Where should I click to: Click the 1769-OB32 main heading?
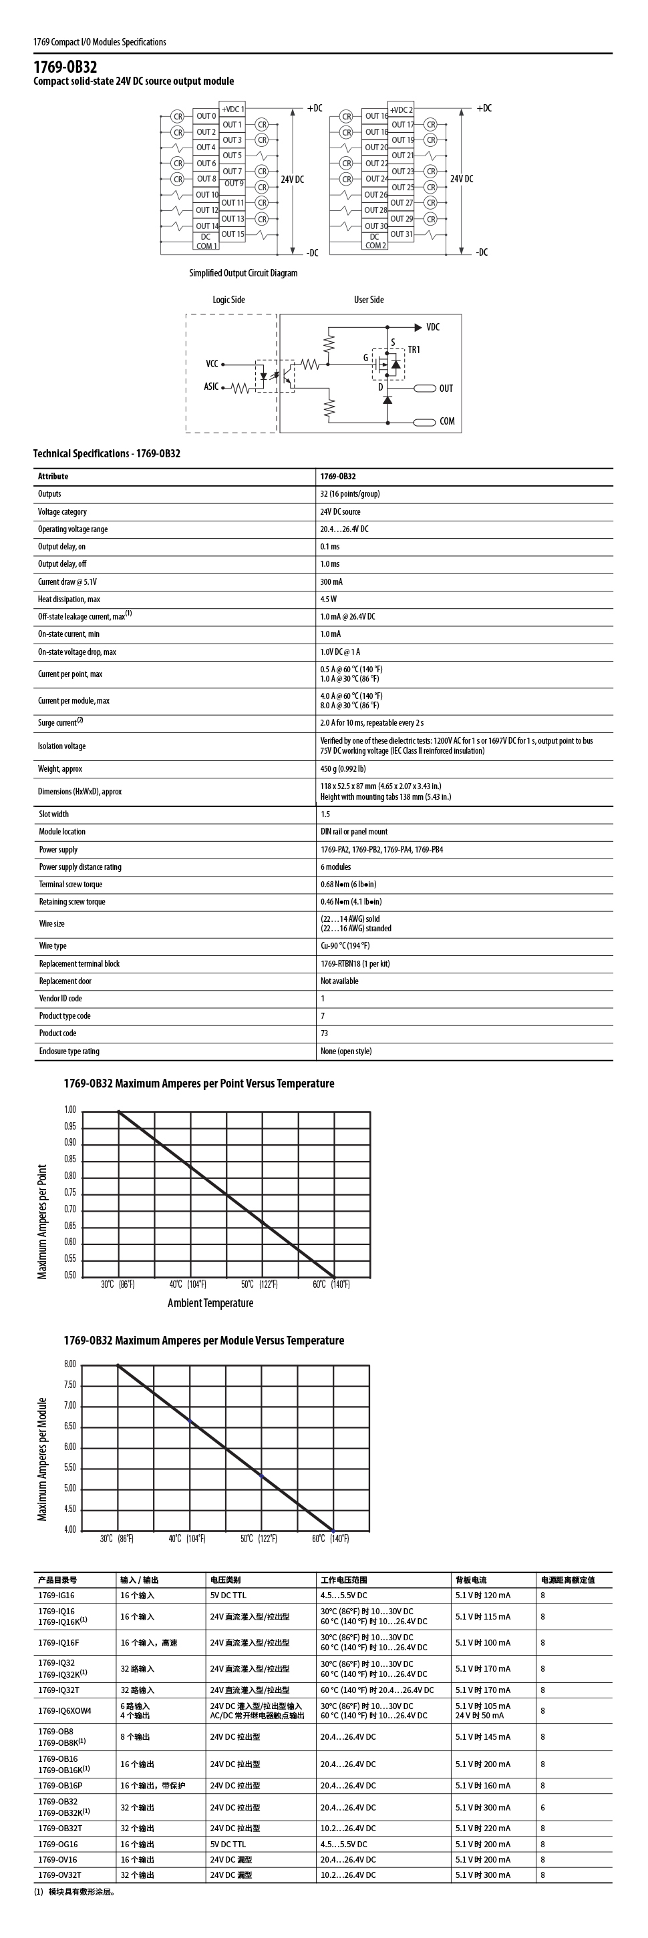click(x=65, y=67)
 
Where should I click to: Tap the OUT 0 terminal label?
click(x=206, y=117)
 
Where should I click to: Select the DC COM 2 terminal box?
click(x=375, y=241)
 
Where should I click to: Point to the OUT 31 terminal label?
click(x=401, y=234)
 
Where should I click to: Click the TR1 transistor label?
click(x=414, y=350)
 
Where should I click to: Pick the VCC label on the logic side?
click(x=212, y=364)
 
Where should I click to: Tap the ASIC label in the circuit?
click(x=212, y=387)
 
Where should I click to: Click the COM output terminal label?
click(x=447, y=421)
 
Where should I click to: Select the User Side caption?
click(x=369, y=300)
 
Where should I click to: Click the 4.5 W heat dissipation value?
click(x=329, y=599)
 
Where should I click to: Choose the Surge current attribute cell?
click(x=60, y=723)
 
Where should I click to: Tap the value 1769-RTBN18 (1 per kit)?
click(x=355, y=964)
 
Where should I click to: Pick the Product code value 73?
click(x=325, y=1033)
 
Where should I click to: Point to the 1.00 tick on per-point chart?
click(x=70, y=1110)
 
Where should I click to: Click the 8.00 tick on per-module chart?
click(x=70, y=1365)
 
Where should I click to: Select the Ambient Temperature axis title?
click(x=210, y=1304)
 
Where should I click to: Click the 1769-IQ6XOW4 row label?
click(x=65, y=1711)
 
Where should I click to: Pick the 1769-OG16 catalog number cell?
click(x=58, y=1845)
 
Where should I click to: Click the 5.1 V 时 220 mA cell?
click(x=482, y=1828)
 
